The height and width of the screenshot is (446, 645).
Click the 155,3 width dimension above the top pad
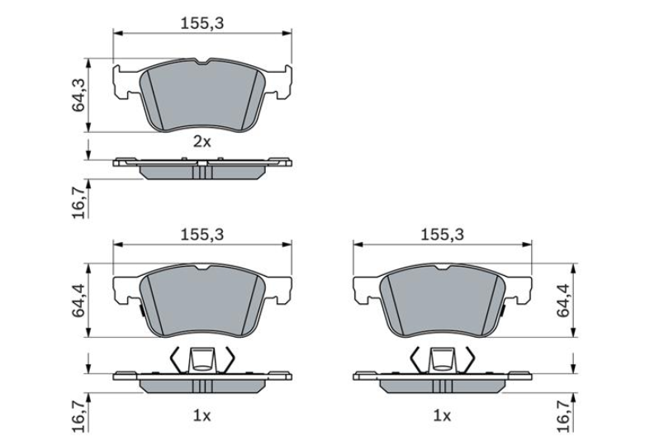202,23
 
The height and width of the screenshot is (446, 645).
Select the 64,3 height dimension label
78,95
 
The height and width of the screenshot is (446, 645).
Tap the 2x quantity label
202,142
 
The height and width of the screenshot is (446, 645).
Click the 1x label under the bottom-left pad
202,416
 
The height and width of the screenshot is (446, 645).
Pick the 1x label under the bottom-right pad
442,416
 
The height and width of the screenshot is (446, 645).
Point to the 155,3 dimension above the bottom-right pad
442,235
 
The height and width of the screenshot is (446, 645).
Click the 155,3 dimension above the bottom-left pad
202,235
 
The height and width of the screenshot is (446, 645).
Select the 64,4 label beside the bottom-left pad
78,301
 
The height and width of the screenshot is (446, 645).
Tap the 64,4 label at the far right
563,301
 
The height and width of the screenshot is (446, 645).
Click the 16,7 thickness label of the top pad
79,202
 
